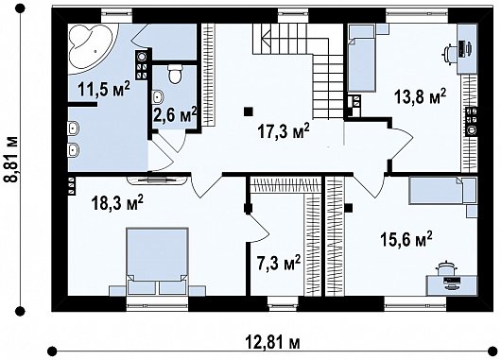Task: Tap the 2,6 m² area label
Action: tap(175, 116)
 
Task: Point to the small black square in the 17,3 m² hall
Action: tap(249, 108)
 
